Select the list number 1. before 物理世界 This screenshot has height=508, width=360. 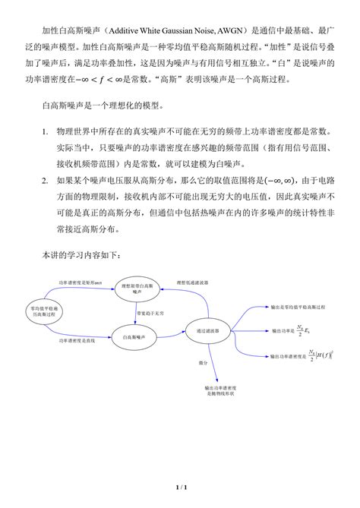46,131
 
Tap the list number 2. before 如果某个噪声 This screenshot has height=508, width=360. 46,181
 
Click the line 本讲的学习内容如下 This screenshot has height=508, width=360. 85,257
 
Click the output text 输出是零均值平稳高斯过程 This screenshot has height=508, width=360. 298,308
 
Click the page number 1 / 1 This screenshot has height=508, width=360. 180,486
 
